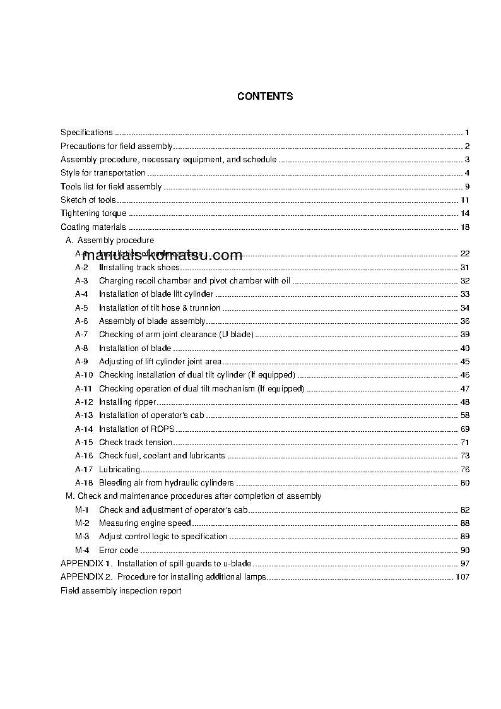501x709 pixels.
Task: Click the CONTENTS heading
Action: pos(265,97)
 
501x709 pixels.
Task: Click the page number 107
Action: pos(462,577)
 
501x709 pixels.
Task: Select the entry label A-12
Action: pos(84,402)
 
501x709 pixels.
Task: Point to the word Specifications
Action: pos(86,133)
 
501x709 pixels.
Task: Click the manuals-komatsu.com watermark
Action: pos(162,256)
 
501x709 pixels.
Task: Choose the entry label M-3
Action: pos(82,537)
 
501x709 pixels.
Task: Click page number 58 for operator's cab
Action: pos(465,415)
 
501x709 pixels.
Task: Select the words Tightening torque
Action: pos(93,213)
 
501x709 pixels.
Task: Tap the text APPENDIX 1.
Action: pos(86,563)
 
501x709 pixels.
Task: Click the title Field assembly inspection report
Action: pos(121,591)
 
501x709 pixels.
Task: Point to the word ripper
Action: pos(144,402)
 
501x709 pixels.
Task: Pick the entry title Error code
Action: pos(119,551)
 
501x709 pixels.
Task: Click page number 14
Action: pos(465,213)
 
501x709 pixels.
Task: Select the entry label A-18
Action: pos(84,483)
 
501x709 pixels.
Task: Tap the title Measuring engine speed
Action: pos(144,523)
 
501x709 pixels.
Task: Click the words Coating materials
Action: pos(93,227)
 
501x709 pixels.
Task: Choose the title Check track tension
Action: pos(136,443)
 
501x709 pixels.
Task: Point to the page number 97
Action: pos(465,563)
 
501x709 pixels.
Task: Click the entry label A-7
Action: pos(81,335)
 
